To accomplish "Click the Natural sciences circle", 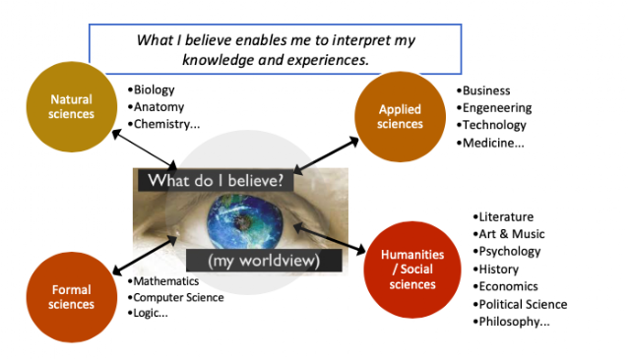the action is coord(72,107).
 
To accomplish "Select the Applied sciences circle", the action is coord(400,116).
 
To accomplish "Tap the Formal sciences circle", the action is coord(72,297).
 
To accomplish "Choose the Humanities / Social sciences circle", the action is coord(412,270).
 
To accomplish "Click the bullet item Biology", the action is coord(151,90).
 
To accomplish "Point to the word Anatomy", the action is coord(158,107).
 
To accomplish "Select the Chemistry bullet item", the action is coord(163,124).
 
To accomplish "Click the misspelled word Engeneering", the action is coord(497,108).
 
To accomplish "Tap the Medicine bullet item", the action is coord(490,143).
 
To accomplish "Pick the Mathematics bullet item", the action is coord(163,281).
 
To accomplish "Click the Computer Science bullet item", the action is coord(175,297).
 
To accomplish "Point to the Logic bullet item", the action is coord(148,313).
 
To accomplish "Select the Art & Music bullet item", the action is coord(509,234).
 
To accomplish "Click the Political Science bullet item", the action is coord(520,304).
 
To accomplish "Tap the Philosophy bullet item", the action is coord(511,322).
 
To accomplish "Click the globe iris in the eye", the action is coord(245,221).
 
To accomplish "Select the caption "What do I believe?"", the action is coord(216,181).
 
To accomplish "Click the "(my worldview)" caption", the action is coord(264,261).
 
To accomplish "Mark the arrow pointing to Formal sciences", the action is coord(145,256).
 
